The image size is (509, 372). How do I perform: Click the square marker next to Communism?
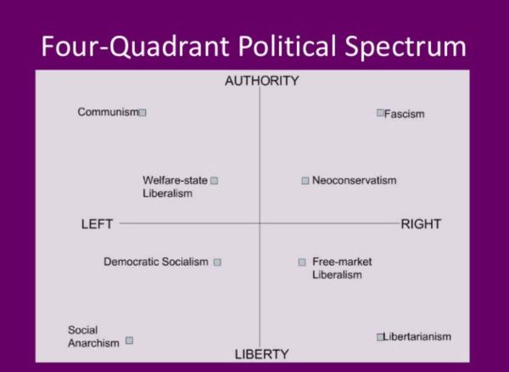point(143,112)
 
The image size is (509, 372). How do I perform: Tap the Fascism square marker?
point(380,112)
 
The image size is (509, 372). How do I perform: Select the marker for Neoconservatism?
point(305,180)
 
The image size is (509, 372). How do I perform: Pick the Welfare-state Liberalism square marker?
point(215,180)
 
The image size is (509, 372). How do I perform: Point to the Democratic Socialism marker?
point(217,262)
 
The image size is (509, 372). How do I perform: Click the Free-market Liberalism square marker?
point(302,262)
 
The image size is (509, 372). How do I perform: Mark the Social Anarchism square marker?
point(130,341)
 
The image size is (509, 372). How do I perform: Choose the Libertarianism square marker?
point(380,337)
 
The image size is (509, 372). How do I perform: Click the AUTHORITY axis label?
point(261,81)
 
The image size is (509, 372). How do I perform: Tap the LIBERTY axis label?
point(261,354)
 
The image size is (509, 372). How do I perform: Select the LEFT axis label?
point(97,224)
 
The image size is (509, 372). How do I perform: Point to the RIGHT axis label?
point(421,224)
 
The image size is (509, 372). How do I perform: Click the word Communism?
point(108,112)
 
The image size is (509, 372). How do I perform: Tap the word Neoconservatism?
point(354,180)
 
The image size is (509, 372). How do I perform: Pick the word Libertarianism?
point(417,336)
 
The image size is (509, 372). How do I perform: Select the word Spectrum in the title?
point(406,48)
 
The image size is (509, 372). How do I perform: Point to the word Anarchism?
point(94,343)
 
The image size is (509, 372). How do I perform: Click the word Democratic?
point(131,262)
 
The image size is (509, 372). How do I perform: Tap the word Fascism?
point(405,114)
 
